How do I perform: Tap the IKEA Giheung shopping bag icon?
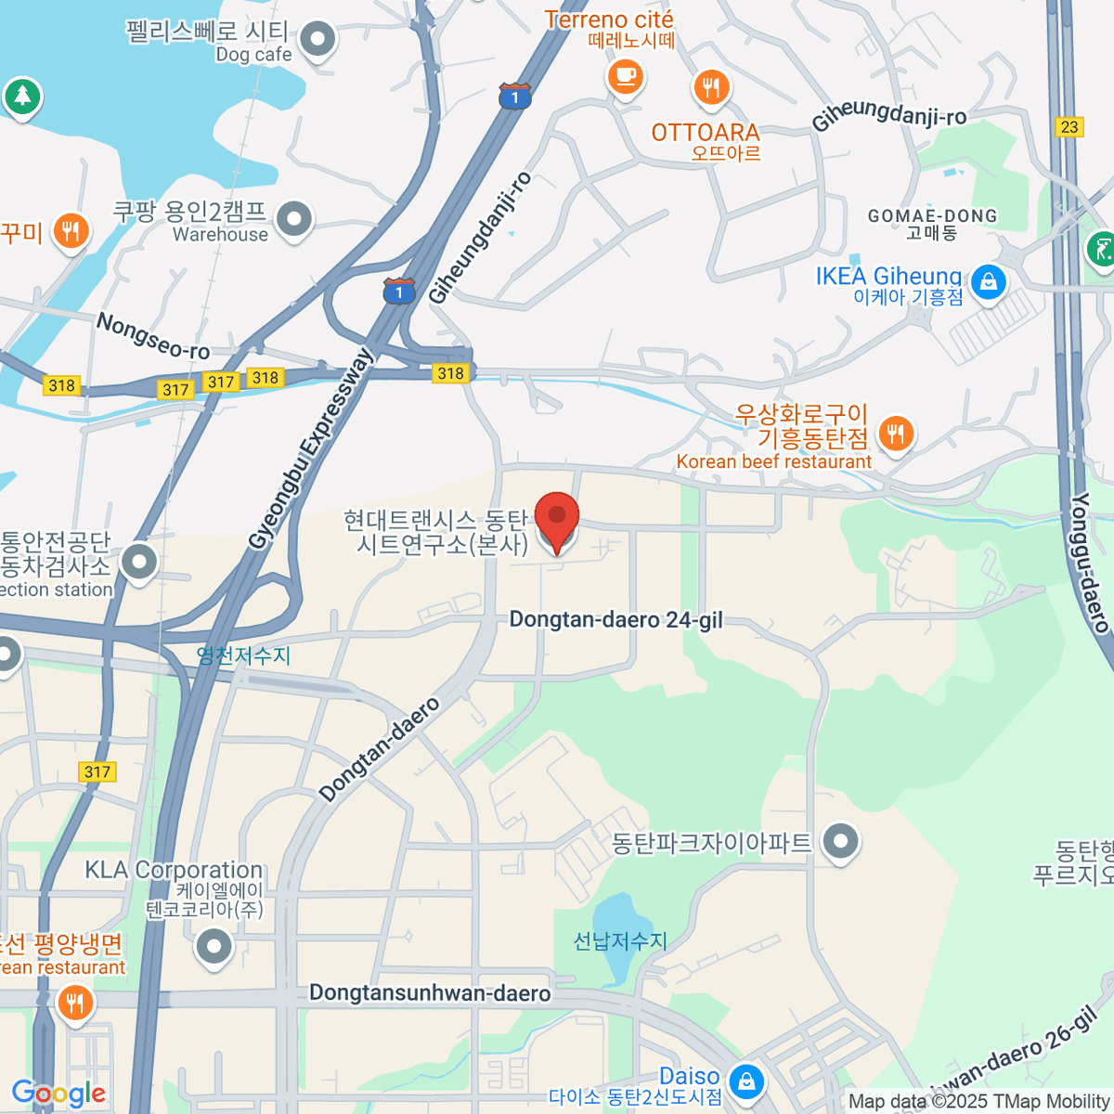pos(988,280)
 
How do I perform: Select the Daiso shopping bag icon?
pos(745,1081)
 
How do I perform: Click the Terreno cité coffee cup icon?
pos(626,76)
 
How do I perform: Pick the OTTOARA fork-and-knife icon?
pos(711,88)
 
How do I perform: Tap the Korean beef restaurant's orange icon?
pos(895,434)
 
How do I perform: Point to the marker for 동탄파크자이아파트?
pos(841,842)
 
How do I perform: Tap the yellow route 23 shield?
pos(1069,127)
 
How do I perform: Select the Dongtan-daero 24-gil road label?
pos(615,620)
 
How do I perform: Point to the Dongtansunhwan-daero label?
pos(430,993)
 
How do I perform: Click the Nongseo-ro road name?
pos(153,336)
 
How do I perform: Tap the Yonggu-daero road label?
pos(1091,563)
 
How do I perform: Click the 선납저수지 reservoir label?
pos(620,941)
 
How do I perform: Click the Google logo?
pos(58,1094)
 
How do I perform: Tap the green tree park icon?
pos(22,96)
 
